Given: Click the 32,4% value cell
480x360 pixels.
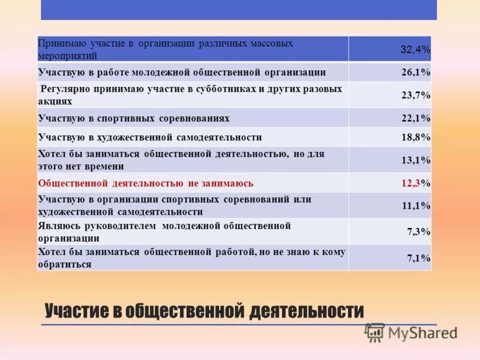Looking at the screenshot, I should coord(415,49).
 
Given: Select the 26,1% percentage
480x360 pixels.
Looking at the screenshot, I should coord(416,73).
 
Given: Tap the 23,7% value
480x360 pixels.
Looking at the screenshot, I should coord(416,95).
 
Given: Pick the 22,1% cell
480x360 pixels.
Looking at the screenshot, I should coord(416,118).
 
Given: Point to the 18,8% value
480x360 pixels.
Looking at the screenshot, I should coord(416,137).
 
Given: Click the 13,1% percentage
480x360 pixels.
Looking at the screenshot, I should coord(416,160).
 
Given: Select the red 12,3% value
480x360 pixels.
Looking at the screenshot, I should coord(416,183).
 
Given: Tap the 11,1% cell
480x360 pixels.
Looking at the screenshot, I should coord(416,206).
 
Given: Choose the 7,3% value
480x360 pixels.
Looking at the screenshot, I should coord(418,232).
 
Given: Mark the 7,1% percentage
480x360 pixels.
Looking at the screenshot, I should coord(418,258).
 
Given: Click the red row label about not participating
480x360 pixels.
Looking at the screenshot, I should coord(145,183).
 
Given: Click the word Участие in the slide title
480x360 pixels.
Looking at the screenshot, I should coord(76,311).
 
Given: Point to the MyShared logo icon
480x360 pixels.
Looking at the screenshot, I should coord(374,332).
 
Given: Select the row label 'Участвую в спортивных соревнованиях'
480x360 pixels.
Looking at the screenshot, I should coord(133,118).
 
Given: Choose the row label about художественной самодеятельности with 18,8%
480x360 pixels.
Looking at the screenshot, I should coord(149,137).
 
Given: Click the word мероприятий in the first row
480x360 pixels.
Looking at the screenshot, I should coord(67,55).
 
